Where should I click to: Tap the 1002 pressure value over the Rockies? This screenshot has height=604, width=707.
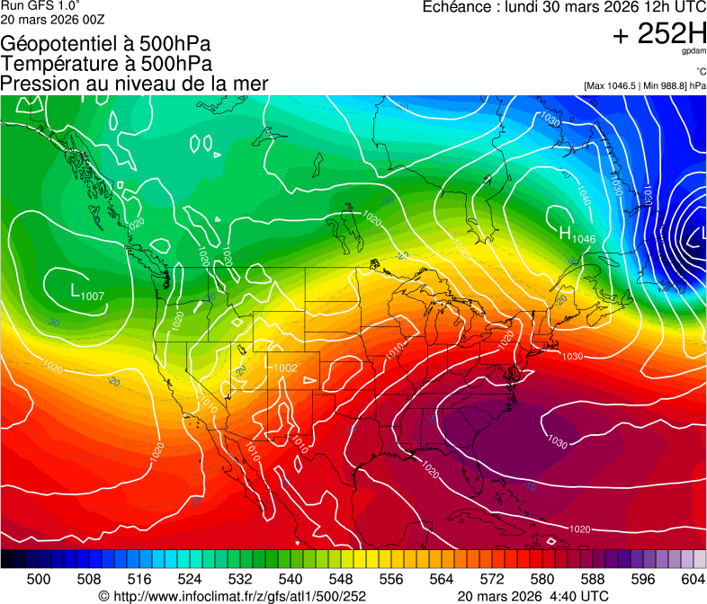tap(286, 368)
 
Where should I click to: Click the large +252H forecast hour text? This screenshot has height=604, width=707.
tap(658, 34)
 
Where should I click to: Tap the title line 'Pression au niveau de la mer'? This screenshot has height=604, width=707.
tap(134, 84)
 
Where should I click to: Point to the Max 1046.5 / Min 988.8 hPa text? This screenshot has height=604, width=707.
tap(644, 85)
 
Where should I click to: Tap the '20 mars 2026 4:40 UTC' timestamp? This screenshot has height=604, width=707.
tap(532, 595)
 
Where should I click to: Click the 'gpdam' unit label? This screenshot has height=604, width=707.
tap(694, 51)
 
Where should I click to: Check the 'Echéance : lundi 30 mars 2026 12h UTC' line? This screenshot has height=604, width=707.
tap(564, 7)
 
